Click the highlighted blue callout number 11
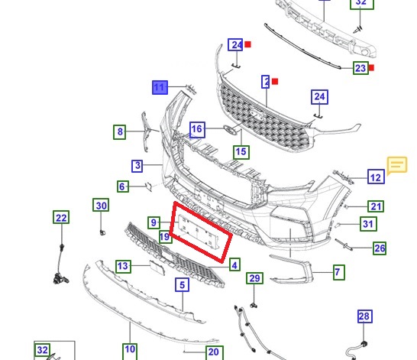[x=160, y=87]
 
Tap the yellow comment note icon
[x=397, y=166]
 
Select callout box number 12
[x=376, y=177]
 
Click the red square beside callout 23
[x=371, y=67]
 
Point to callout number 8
[x=120, y=131]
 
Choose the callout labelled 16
[x=197, y=130]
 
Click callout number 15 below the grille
[x=241, y=152]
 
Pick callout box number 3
[x=137, y=166]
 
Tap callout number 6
[x=123, y=186]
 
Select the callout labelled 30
[x=101, y=205]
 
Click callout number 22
[x=61, y=217]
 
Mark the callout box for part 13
[x=123, y=266]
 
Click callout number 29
[x=254, y=278]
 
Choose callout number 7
[x=339, y=272]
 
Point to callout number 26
[x=380, y=248]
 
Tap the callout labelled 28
[x=365, y=316]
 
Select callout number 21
[x=376, y=206]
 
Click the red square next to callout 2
[x=275, y=81]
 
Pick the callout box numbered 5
[x=183, y=284]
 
